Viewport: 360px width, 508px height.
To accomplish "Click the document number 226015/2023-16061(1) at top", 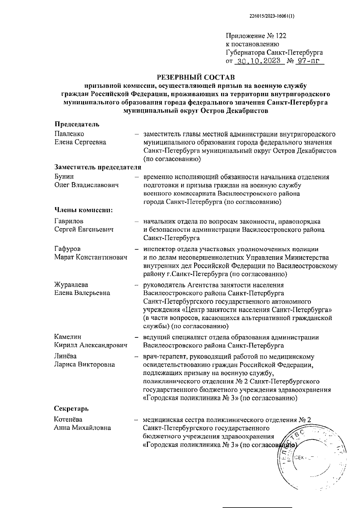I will (x=272, y=17).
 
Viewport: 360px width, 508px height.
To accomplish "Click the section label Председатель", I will (x=77, y=124).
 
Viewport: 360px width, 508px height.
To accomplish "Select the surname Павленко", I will (x=69, y=134).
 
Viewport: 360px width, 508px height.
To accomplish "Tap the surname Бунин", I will (x=64, y=177).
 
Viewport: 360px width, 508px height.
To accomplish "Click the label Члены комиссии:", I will (x=83, y=210).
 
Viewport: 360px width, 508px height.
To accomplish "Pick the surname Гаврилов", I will (x=69, y=221).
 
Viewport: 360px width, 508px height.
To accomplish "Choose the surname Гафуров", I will (x=67, y=249).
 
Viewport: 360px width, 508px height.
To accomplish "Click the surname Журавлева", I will (x=71, y=284).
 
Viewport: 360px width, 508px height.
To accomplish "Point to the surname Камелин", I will (x=68, y=337).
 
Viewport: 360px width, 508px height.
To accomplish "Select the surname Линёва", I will (x=65, y=356).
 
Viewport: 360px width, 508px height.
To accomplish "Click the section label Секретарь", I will (x=71, y=408).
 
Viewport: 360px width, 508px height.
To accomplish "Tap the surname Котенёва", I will (x=68, y=419).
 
